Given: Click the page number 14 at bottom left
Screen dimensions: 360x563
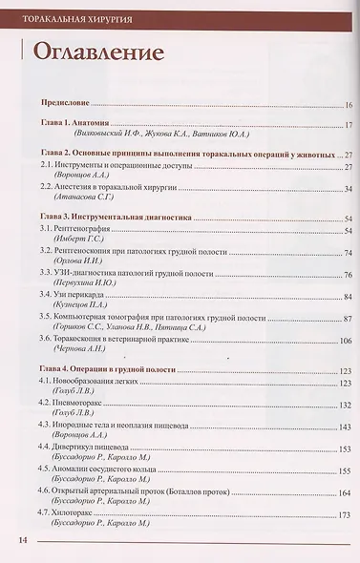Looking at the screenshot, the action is pos(20,543).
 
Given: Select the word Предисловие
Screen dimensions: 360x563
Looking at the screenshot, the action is pos(66,102).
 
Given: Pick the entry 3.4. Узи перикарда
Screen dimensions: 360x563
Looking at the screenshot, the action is pos(79,296).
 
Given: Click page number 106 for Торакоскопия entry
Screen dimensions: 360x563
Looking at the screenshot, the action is pos(347,339).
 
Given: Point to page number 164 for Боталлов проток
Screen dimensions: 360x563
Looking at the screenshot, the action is pos(346,491).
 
